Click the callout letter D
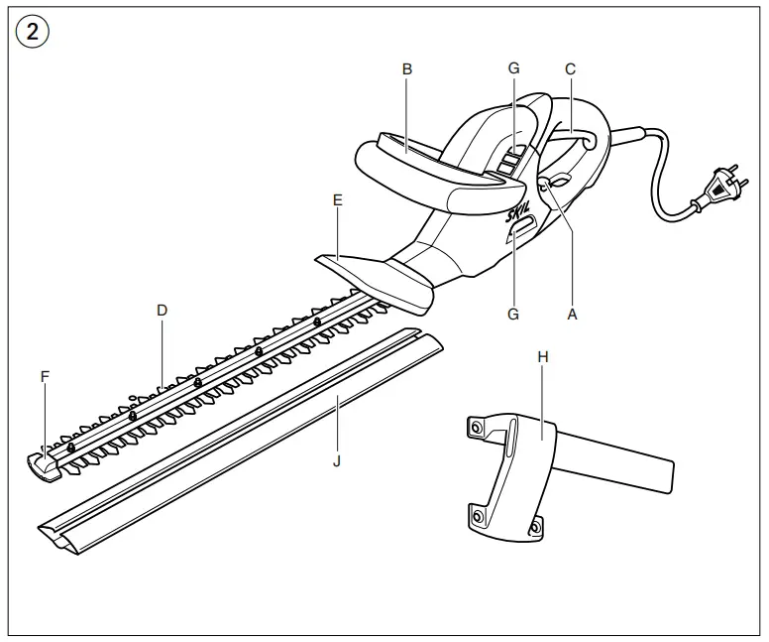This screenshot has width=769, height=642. click(x=163, y=310)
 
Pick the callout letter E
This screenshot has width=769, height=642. click(x=338, y=199)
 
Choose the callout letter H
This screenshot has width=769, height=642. click(x=541, y=355)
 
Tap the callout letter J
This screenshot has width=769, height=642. click(x=338, y=460)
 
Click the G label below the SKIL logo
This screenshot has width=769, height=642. click(x=513, y=314)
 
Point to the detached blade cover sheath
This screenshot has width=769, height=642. click(x=238, y=437)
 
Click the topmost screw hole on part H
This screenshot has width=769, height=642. click(x=477, y=427)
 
